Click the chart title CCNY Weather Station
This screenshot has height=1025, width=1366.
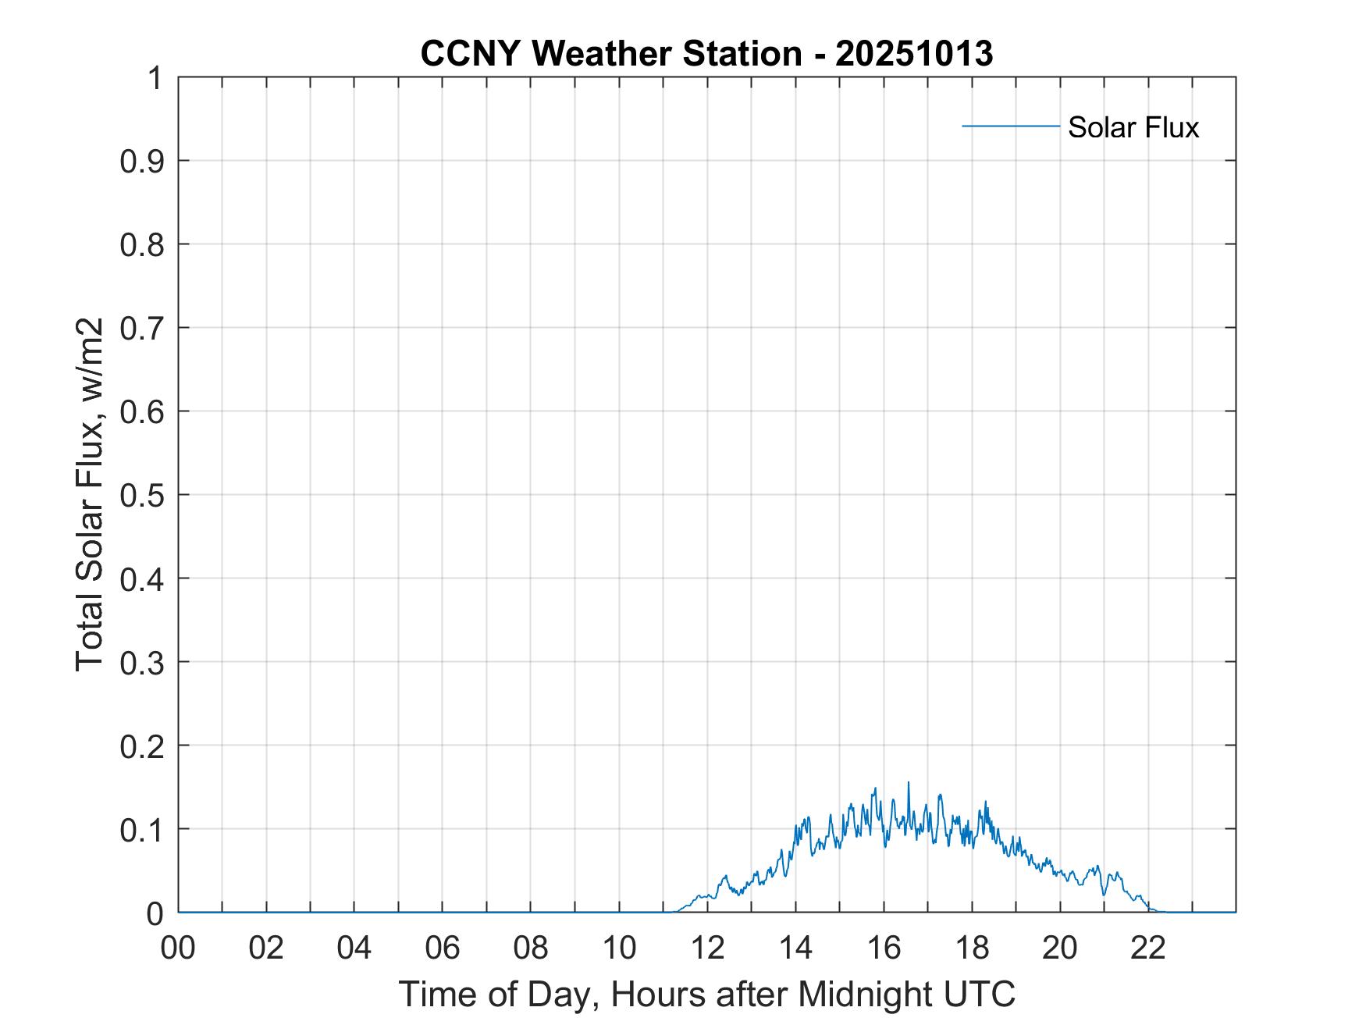tap(610, 54)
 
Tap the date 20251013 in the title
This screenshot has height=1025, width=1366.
tap(914, 54)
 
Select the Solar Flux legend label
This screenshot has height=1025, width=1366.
tap(1133, 127)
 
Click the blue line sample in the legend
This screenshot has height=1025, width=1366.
tap(1010, 126)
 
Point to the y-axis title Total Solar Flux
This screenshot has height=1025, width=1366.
tap(91, 494)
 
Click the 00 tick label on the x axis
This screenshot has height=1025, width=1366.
tap(178, 948)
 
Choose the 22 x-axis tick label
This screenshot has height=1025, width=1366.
tap(1148, 948)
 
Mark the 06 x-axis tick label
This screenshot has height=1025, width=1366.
tap(443, 948)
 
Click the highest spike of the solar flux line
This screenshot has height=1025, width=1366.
tap(908, 783)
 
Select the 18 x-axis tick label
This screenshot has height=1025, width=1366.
tap(972, 948)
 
